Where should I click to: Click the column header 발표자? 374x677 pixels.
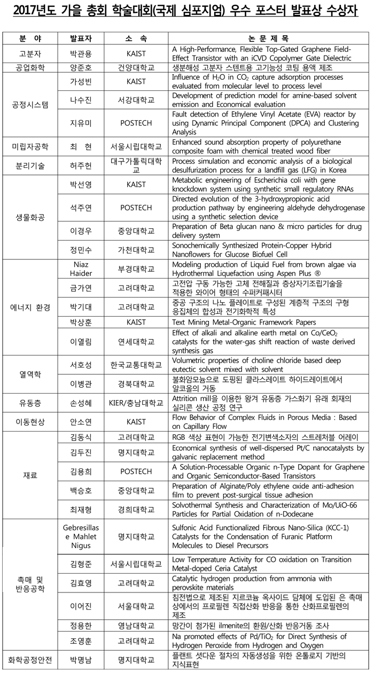[x=81, y=39]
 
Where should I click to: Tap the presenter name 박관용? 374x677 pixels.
[x=81, y=53]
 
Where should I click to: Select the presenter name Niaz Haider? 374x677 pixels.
[x=81, y=268]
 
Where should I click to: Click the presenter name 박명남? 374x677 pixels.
[x=81, y=660]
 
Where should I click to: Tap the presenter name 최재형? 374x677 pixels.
[x=81, y=509]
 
